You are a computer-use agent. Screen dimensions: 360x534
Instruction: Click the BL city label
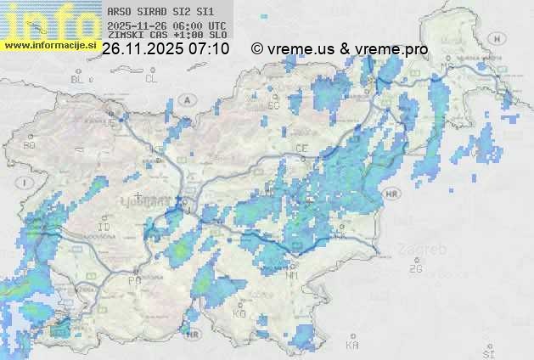pos(79,79)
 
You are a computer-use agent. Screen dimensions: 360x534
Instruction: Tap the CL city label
pos(151,79)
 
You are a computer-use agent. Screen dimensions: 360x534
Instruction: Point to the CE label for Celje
pos(301,148)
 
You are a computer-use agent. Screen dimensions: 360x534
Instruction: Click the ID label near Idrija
pos(104,228)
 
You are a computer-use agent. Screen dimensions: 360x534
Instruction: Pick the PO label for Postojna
pos(133,279)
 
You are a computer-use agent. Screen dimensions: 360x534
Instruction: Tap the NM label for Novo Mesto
pos(292,275)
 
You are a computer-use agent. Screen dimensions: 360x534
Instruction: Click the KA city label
pos(352,346)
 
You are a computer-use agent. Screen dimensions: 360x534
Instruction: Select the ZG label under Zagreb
pos(415,269)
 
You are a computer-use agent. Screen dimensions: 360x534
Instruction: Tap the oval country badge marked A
pos(188,99)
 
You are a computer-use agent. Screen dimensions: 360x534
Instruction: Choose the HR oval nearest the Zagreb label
pos(391,194)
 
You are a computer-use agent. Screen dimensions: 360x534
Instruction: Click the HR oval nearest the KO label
pos(194,335)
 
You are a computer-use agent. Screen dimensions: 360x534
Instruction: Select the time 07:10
pos(210,49)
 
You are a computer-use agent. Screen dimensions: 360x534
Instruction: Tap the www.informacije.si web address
pos(50,44)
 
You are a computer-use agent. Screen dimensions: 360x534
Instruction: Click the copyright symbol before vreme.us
pos(257,49)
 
